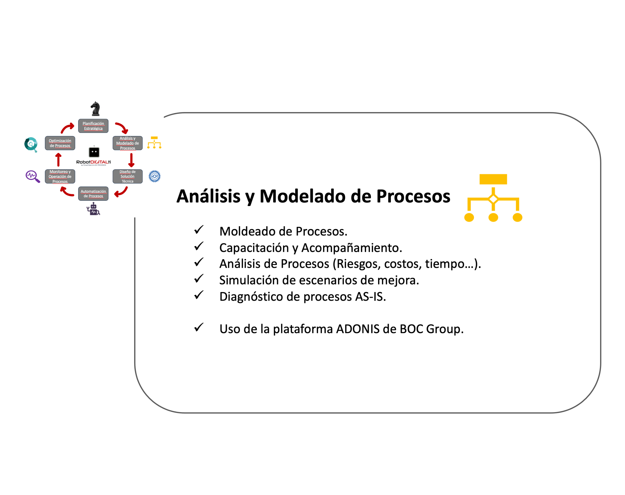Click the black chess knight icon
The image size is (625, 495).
coord(95,109)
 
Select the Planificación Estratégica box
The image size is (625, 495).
coord(93,126)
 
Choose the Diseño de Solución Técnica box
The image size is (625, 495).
coord(127,176)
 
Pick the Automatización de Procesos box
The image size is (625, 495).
coord(93,194)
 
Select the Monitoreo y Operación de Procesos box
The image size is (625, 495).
coord(60,176)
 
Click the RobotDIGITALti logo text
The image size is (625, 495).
coord(93,162)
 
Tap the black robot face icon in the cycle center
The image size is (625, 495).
coord(94,152)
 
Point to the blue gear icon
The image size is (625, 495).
coord(154,176)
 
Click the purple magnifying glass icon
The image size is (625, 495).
coord(33,176)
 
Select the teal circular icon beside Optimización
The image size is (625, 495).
coord(31,144)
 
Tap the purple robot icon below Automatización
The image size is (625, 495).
coord(93,209)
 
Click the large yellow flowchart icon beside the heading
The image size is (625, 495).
coord(493,198)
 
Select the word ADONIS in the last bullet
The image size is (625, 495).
coord(357,329)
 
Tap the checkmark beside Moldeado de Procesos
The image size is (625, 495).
coord(199,230)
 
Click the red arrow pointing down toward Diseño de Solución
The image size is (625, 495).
coord(131,160)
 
